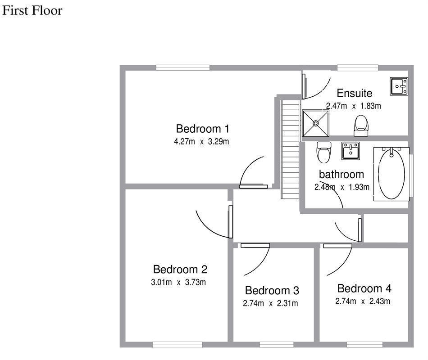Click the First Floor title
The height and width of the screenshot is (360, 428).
pyautogui.click(x=32, y=11)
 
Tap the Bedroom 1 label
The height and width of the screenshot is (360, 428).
pyautogui.click(x=203, y=129)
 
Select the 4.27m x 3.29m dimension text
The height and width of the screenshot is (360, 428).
pyautogui.click(x=203, y=141)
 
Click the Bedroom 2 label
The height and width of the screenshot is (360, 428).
pyautogui.click(x=180, y=270)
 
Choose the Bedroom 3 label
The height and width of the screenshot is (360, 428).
pyautogui.click(x=272, y=290)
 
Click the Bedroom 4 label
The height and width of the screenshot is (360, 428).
pyautogui.click(x=364, y=288)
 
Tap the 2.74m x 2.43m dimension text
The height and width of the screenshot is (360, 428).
pyautogui.click(x=363, y=301)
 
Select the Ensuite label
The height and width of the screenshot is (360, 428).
pyautogui.click(x=355, y=93)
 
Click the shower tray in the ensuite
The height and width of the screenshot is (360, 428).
pyautogui.click(x=317, y=122)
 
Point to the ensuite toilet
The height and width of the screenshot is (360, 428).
pyautogui.click(x=361, y=126)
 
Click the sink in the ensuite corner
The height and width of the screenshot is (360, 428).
pyautogui.click(x=399, y=86)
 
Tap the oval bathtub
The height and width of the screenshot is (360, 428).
pyautogui.click(x=393, y=173)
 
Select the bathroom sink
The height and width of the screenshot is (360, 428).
pyautogui.click(x=351, y=151)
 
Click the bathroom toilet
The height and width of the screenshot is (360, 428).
pyautogui.click(x=324, y=153)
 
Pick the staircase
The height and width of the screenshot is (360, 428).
pyautogui.click(x=291, y=148)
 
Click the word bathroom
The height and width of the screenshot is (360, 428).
pyautogui.click(x=341, y=174)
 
